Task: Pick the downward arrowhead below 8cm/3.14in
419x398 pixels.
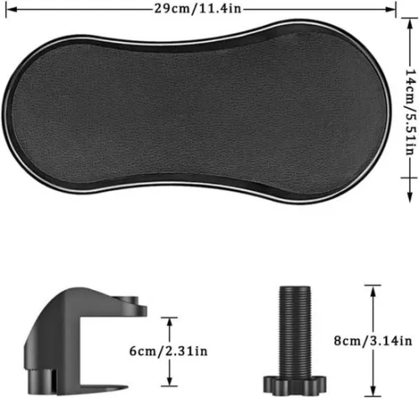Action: point(368,390)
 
